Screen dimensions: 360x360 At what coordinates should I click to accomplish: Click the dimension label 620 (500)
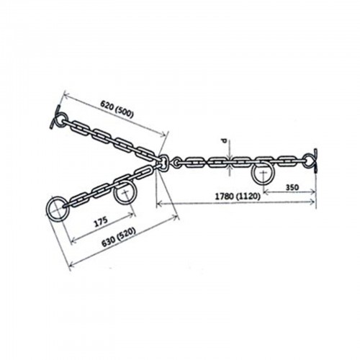(x=117, y=109)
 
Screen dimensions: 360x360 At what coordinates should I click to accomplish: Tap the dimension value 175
(x=101, y=222)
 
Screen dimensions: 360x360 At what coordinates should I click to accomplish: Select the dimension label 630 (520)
(x=119, y=237)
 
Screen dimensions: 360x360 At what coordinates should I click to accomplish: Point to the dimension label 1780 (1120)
(x=237, y=197)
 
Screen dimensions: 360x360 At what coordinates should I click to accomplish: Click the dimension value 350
(x=292, y=187)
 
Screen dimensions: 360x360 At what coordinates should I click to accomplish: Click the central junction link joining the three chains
(x=163, y=163)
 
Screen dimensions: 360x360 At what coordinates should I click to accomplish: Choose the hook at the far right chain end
(x=313, y=161)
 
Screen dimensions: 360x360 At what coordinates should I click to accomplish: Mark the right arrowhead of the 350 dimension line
(x=312, y=192)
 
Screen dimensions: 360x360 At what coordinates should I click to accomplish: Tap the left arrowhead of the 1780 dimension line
(x=159, y=204)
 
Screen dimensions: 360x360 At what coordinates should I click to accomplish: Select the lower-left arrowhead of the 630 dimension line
(x=72, y=265)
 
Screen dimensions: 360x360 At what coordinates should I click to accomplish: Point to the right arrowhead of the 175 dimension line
(x=132, y=214)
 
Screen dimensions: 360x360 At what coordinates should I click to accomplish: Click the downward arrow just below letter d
(x=230, y=156)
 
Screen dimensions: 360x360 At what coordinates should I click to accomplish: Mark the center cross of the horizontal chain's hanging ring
(x=263, y=173)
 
